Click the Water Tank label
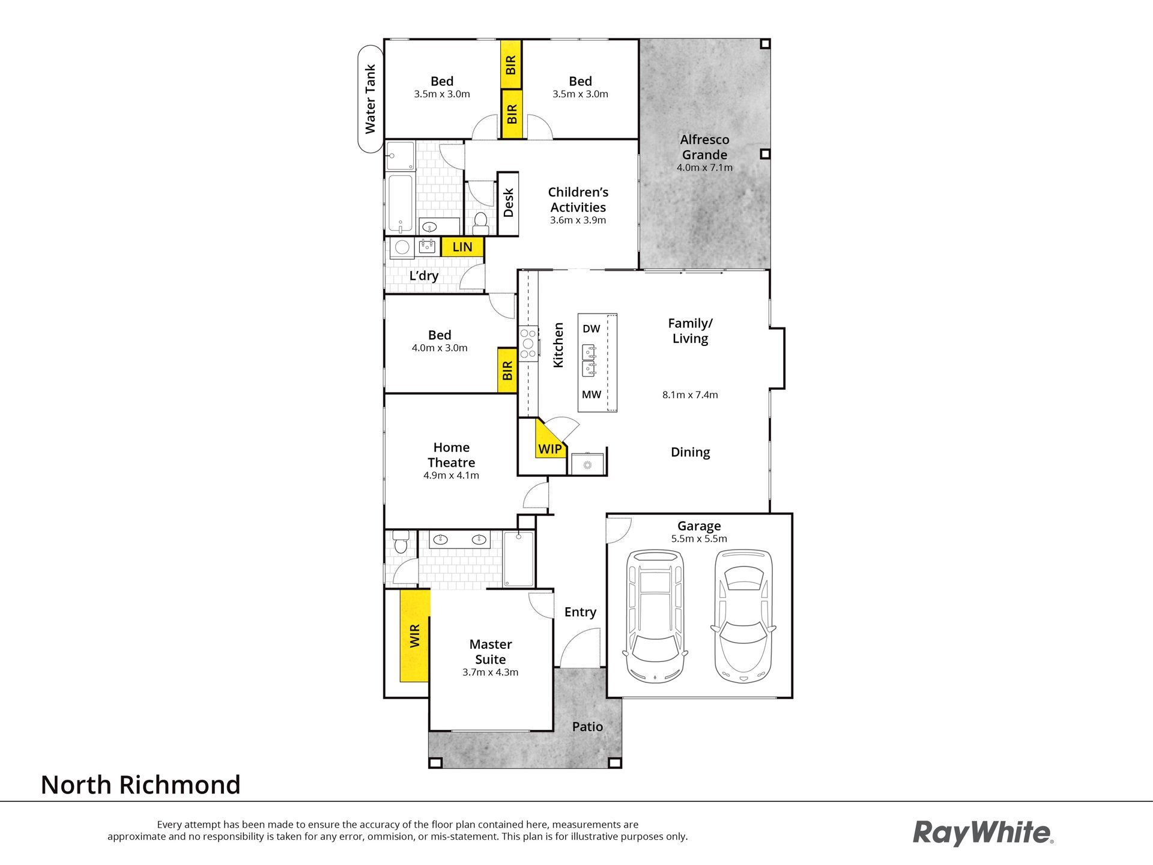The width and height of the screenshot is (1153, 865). point(370,99)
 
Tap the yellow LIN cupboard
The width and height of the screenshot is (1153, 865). point(462,247)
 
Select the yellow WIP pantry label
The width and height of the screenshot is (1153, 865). point(550,449)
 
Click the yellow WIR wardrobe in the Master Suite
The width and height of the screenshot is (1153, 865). point(415,636)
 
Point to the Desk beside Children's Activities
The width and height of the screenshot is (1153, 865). point(508,203)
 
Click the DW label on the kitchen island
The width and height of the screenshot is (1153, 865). point(592,329)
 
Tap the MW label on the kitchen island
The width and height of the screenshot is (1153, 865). point(592,395)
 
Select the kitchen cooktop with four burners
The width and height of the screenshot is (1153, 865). point(528,344)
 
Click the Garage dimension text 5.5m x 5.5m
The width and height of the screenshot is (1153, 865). point(699,539)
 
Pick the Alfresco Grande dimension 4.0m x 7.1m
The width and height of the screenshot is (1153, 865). point(704,168)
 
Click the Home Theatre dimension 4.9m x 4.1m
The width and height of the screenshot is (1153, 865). point(451,475)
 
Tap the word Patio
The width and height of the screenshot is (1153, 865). point(587,727)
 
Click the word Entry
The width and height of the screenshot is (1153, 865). point(580,612)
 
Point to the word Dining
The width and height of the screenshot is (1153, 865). point(690,452)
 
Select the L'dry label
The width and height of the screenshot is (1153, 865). point(424,276)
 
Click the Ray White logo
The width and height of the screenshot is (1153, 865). point(983,834)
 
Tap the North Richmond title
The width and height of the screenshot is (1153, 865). point(141,785)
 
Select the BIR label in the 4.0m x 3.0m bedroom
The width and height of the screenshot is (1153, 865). point(507,371)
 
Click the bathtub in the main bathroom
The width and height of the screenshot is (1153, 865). point(400,204)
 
